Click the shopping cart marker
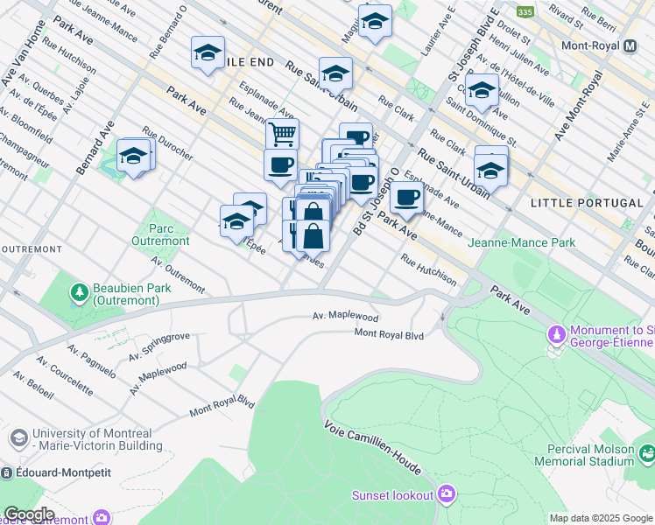pos(282,135)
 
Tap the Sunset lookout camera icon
pos(447,494)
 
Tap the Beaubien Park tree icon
pos(79,290)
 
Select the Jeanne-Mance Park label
pos(521,242)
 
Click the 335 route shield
pos(525,11)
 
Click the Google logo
pos(29,514)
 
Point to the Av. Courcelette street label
pos(65,375)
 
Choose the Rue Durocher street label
pos(166,144)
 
